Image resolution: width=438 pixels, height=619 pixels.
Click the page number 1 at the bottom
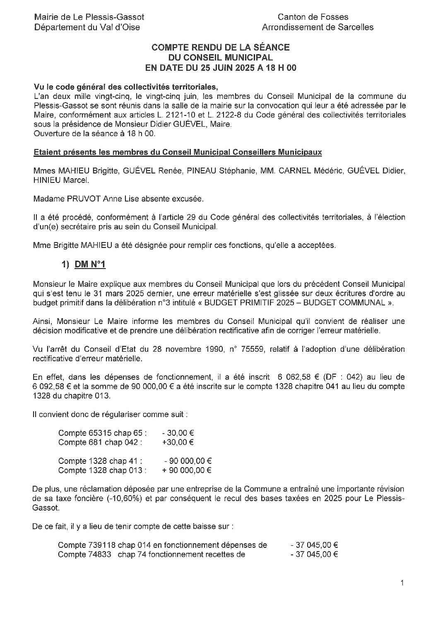click(402, 583)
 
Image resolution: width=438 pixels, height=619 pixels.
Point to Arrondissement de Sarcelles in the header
click(318, 27)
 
